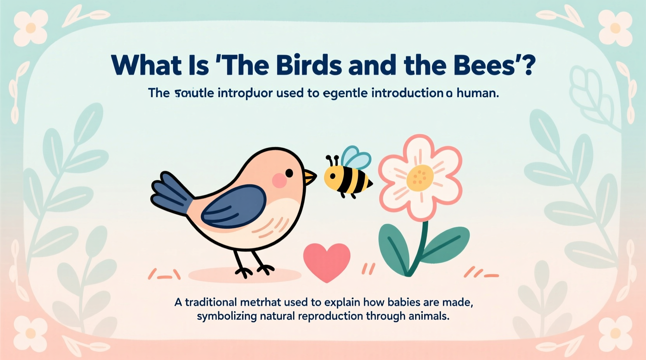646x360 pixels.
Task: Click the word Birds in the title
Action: click(x=309, y=65)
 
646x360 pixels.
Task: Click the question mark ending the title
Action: click(x=528, y=65)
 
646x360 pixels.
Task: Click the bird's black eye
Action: click(x=289, y=172)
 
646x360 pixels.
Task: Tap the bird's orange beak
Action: click(x=310, y=177)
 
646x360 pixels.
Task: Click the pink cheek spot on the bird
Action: click(x=279, y=180)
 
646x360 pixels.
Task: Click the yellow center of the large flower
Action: click(x=420, y=178)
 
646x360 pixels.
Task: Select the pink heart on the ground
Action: click(x=326, y=261)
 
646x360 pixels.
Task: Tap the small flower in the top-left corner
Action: click(x=31, y=28)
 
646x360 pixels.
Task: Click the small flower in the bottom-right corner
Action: click(x=615, y=333)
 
